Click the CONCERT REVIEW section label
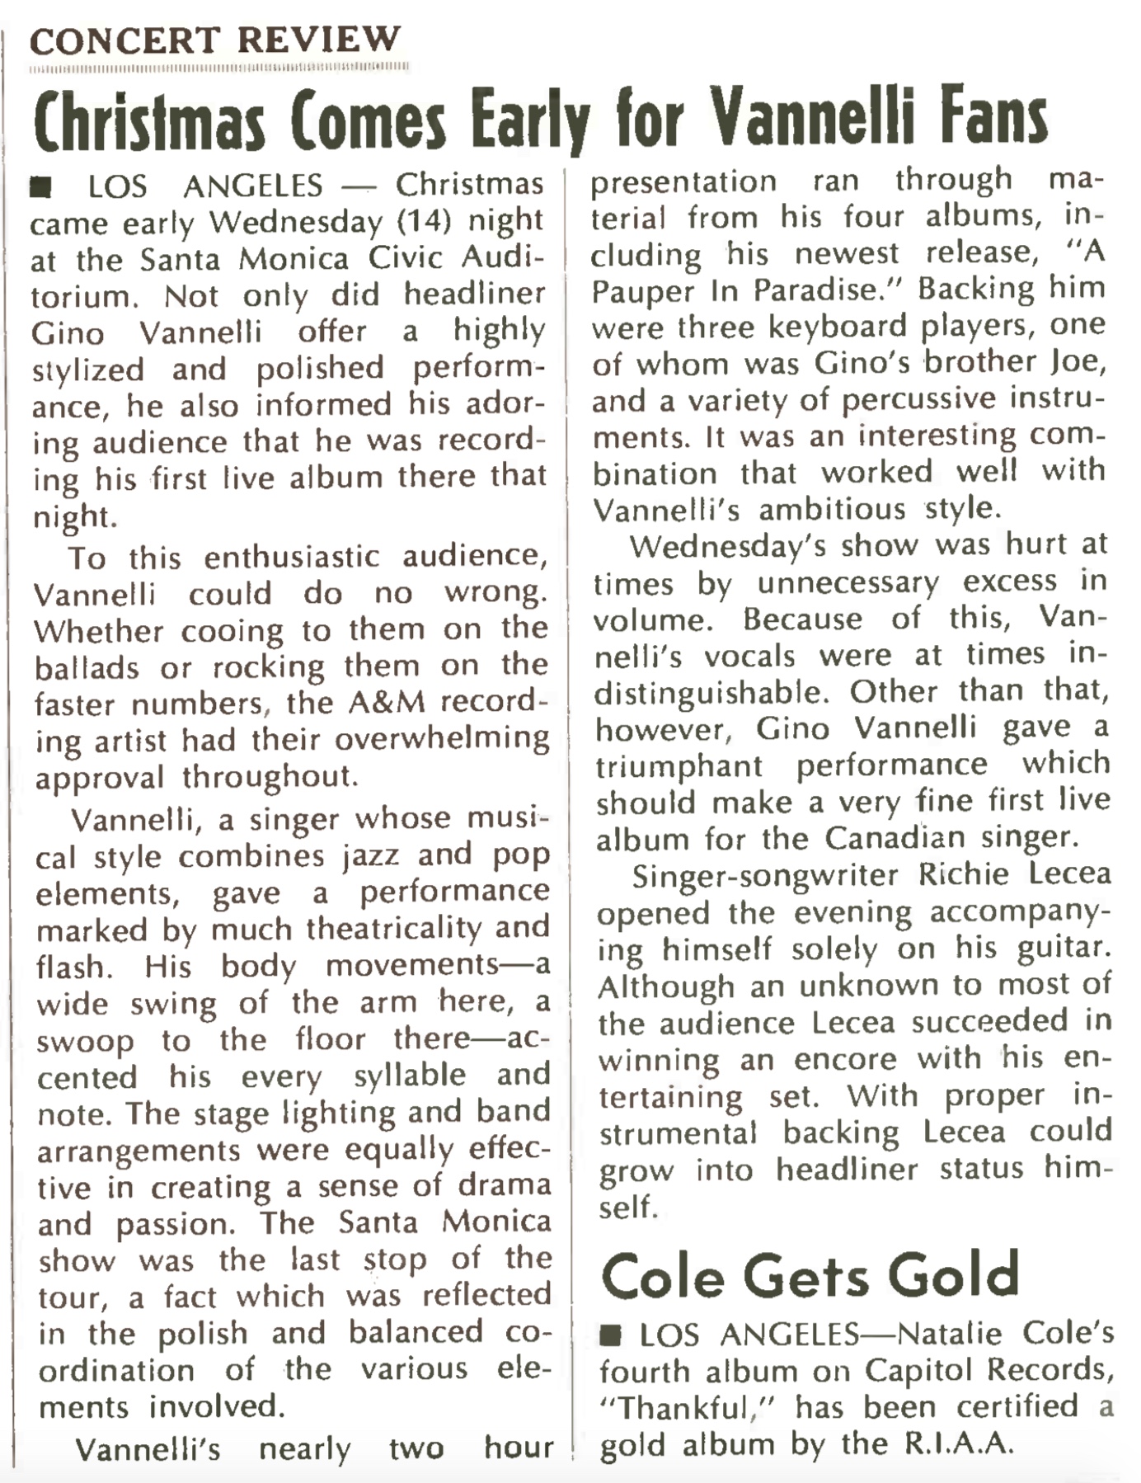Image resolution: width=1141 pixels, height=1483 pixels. coord(214,40)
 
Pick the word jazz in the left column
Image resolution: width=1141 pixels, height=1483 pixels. coord(370,855)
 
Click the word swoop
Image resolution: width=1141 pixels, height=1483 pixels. coord(85,1041)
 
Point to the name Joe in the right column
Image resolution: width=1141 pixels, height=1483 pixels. coord(1078,361)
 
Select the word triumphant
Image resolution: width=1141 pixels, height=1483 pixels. coord(679,765)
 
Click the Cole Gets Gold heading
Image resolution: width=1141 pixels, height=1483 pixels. coord(810,1275)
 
